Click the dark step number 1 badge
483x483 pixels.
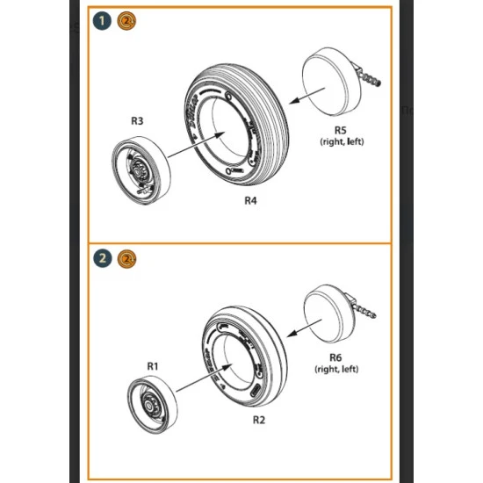pyautogui.click(x=105, y=21)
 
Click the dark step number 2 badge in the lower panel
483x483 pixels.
pyautogui.click(x=105, y=258)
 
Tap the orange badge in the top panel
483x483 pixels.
pyautogui.click(x=126, y=21)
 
